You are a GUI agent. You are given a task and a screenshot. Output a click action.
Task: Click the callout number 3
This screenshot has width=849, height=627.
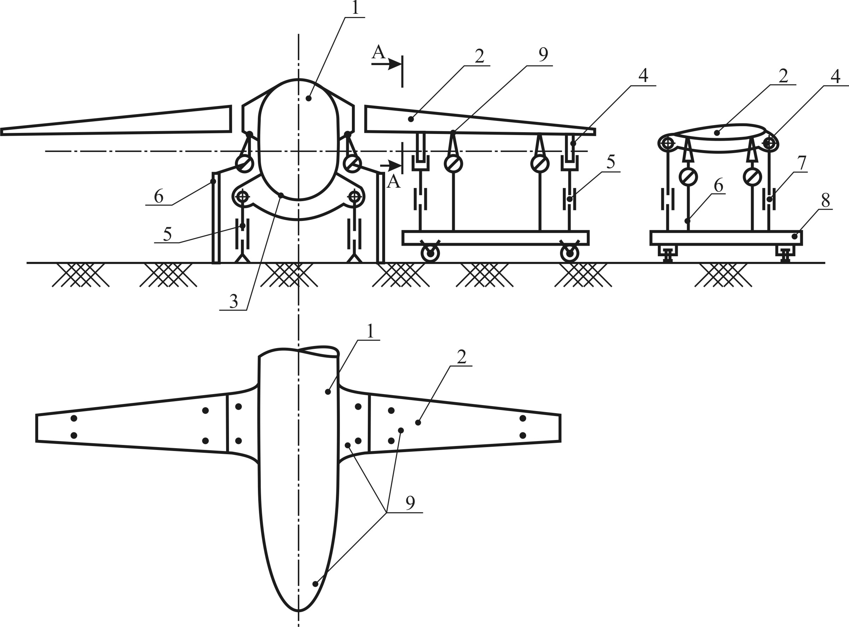tap(234, 301)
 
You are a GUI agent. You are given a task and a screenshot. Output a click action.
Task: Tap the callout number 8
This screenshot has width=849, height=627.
tap(825, 200)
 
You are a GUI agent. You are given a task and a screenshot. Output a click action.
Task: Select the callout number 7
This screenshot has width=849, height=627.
tap(801, 163)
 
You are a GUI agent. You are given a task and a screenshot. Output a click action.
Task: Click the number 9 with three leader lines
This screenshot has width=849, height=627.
tap(410, 503)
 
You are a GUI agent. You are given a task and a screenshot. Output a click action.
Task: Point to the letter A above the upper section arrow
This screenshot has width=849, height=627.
tap(378, 52)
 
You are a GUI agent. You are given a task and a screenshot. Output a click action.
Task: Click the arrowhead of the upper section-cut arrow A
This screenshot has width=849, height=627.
tap(395, 64)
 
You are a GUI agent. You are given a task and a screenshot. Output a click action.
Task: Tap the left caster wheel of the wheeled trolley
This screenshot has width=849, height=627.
tap(430, 253)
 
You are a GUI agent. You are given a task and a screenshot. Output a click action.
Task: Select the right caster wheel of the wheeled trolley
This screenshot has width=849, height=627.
tap(570, 253)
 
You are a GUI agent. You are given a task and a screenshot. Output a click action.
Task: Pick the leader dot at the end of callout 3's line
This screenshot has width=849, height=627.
tap(281, 195)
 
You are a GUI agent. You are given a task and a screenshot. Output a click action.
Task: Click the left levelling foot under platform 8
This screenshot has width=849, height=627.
tap(668, 253)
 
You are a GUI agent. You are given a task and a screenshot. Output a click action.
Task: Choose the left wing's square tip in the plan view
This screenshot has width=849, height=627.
tap(36, 428)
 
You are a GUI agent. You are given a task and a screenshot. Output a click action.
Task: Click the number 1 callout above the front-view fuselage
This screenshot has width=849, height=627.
tap(355, 8)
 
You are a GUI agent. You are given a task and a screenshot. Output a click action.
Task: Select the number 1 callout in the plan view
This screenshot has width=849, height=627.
tap(370, 331)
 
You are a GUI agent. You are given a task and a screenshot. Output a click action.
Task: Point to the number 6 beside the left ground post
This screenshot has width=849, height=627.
tap(159, 196)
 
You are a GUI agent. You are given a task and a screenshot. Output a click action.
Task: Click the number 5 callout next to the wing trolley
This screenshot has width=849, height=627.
tap(611, 162)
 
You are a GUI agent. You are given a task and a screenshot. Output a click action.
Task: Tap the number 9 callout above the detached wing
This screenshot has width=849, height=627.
tap(543, 55)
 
